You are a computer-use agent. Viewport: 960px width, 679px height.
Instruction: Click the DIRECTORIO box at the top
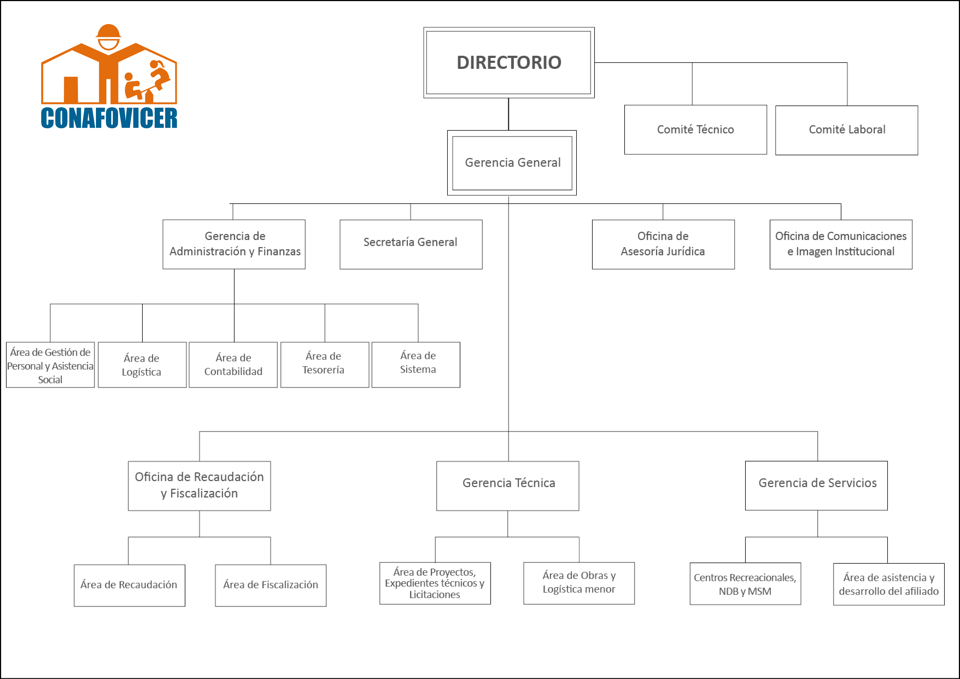pos(509,63)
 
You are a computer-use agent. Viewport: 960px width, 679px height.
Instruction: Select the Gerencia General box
pos(512,163)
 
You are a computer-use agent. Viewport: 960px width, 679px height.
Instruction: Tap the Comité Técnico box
pos(695,130)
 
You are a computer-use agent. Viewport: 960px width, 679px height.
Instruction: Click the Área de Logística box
pos(142,365)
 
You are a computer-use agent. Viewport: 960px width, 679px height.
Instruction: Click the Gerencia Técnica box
pos(508,486)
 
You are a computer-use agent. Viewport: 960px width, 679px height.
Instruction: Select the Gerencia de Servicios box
pos(816,485)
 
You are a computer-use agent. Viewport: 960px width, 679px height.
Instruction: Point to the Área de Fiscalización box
pos(271,585)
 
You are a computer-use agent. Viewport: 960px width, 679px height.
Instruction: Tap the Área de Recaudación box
pos(129,585)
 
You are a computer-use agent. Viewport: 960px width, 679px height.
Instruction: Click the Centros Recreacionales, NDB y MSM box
pos(745,584)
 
